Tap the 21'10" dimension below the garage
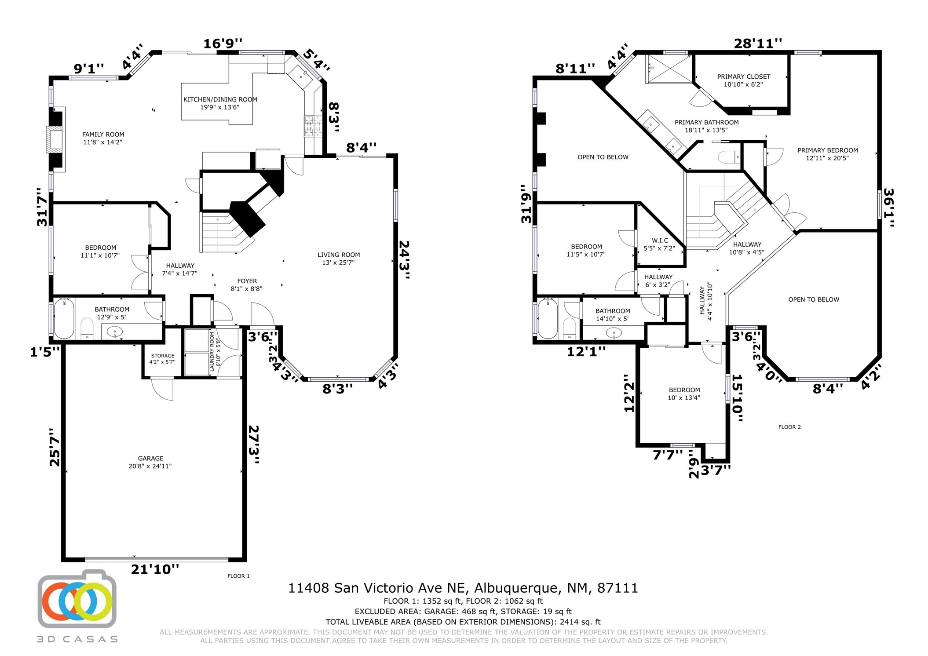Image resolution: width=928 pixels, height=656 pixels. [155, 569]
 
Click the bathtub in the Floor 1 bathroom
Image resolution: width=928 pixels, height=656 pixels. [64, 319]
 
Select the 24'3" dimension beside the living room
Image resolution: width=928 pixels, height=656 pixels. [404, 259]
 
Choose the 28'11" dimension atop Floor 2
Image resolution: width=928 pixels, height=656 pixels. [758, 44]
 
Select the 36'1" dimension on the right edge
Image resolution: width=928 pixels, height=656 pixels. [888, 208]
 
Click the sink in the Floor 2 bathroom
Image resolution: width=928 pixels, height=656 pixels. [614, 333]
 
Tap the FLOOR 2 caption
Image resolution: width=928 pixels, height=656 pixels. [789, 427]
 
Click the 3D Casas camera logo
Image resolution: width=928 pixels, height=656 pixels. [77, 599]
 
